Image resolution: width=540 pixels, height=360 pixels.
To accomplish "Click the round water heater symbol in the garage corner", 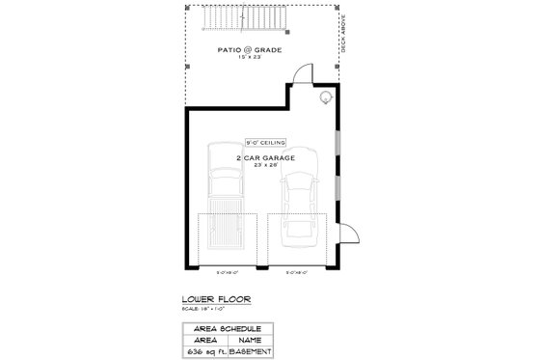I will point(326,97).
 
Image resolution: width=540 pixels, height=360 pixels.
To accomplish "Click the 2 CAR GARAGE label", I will point(263,155).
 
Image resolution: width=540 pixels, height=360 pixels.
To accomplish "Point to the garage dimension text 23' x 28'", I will point(263,164).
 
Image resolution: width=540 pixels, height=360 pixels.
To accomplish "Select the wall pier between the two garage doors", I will point(261,264).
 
